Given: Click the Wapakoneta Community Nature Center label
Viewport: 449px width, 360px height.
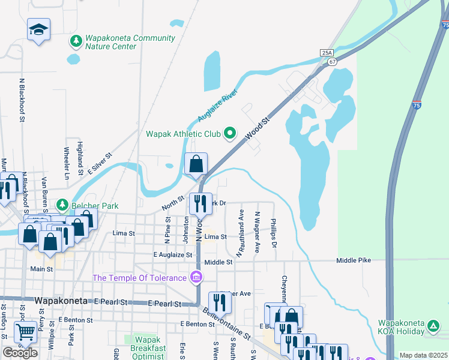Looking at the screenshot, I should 129,41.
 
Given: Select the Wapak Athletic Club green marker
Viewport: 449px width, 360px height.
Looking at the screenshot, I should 229,133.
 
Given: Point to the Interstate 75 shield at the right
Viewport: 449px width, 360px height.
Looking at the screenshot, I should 417,104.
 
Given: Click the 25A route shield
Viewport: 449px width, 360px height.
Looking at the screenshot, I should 326,53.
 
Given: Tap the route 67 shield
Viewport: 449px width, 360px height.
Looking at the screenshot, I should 332,61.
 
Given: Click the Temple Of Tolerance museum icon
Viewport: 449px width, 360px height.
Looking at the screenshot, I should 196,277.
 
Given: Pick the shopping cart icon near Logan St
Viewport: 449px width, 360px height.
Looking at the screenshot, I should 26,331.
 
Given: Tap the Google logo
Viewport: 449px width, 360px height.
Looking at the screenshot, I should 20,353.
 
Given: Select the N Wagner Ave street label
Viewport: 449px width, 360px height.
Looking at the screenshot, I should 257,232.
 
